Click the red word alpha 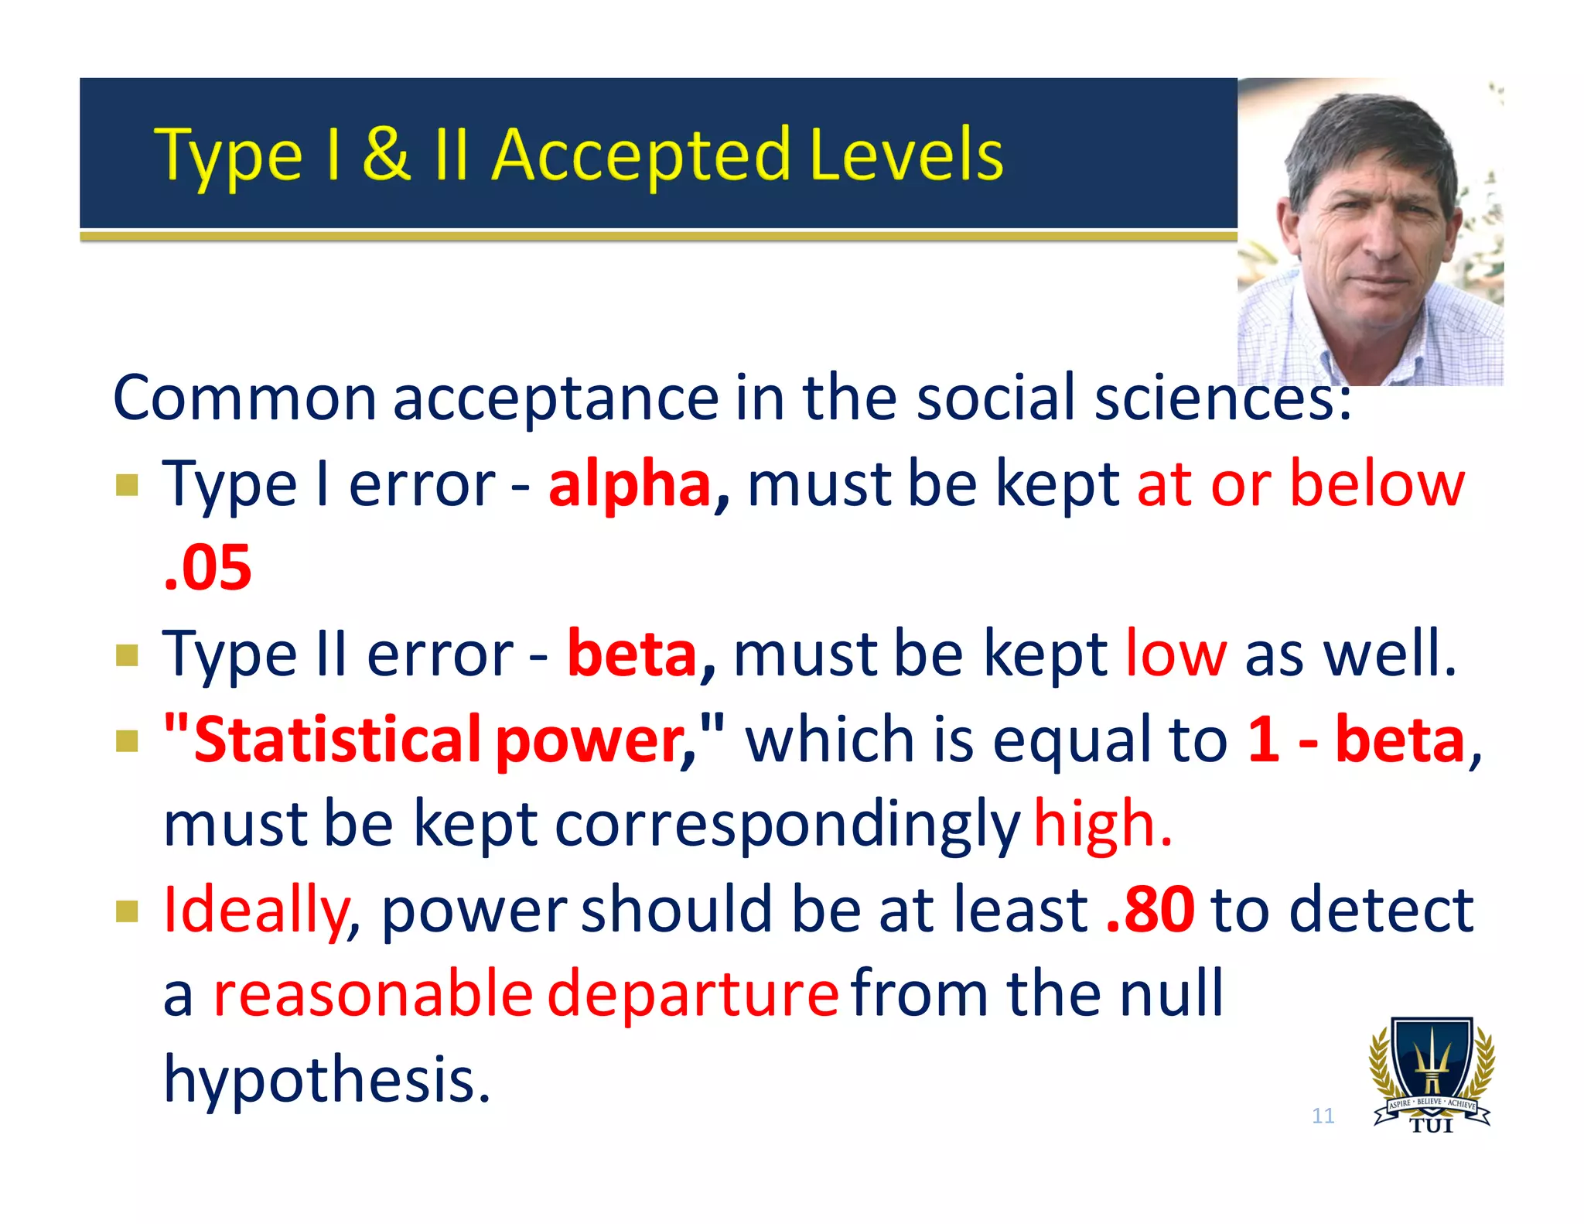[x=630, y=484]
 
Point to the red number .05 [x=208, y=569]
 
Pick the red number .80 [x=1150, y=910]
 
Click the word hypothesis [x=326, y=1080]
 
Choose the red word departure [x=693, y=995]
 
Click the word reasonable [x=373, y=995]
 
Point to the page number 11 [x=1323, y=1116]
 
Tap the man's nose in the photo [x=1384, y=240]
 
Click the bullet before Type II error [x=127, y=655]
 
